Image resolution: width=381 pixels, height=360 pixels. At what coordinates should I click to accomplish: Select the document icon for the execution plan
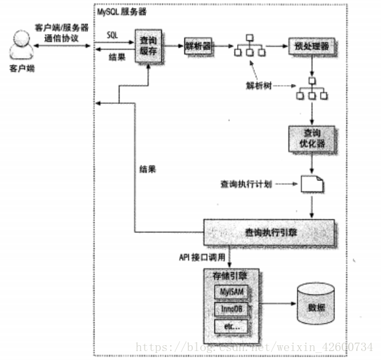(x=312, y=184)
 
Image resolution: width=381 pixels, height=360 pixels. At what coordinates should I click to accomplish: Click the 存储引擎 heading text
(x=231, y=275)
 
